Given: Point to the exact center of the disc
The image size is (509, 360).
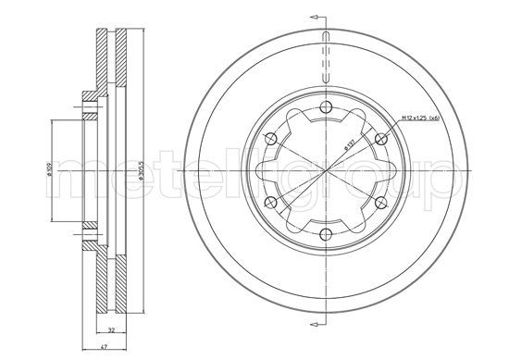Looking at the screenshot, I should pos(326,171).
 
